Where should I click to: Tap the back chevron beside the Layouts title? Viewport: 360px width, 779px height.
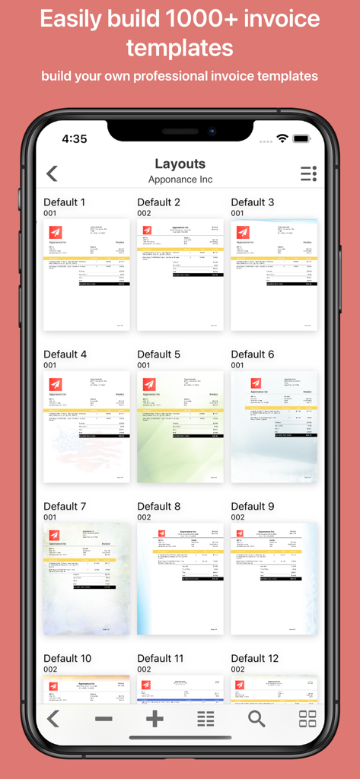[x=52, y=173]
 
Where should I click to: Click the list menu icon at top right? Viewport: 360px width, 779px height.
[x=308, y=173]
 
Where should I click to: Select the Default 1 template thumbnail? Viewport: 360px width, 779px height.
[x=87, y=275]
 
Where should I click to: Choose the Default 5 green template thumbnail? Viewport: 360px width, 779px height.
[x=180, y=427]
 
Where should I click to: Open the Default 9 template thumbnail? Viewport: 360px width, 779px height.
[x=274, y=579]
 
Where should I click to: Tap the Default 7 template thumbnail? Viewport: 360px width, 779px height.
[x=87, y=579]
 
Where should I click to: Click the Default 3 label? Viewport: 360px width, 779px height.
[x=253, y=202]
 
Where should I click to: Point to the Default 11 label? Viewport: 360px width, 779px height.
[x=161, y=659]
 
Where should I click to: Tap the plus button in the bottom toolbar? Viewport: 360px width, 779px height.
[x=155, y=719]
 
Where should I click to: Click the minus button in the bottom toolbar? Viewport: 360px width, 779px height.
[x=104, y=719]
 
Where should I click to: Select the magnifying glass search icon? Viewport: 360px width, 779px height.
[x=256, y=719]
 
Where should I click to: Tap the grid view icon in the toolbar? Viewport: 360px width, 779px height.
[x=307, y=719]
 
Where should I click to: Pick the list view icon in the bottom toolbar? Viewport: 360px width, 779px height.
[x=205, y=719]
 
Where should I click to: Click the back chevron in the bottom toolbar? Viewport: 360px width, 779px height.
[x=53, y=719]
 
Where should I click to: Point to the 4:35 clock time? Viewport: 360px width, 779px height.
[x=75, y=139]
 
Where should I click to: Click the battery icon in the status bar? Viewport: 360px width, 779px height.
[x=302, y=139]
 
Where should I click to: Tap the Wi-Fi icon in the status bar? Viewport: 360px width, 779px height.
[x=282, y=139]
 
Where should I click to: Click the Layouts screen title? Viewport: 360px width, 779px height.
[x=180, y=164]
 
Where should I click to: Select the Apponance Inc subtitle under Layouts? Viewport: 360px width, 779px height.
[x=180, y=180]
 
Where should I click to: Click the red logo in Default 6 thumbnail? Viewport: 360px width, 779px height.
[x=256, y=384]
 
